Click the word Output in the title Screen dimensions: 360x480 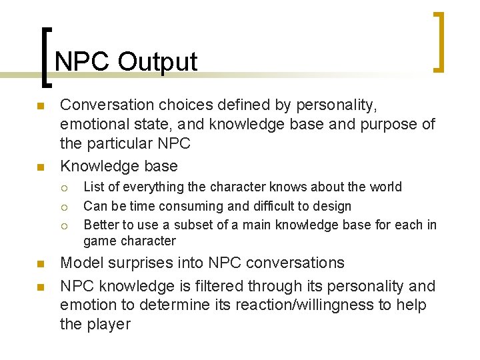(x=158, y=62)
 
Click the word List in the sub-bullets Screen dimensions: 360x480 (x=94, y=187)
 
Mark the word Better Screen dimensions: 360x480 (x=100, y=225)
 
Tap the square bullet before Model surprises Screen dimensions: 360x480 (x=40, y=264)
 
